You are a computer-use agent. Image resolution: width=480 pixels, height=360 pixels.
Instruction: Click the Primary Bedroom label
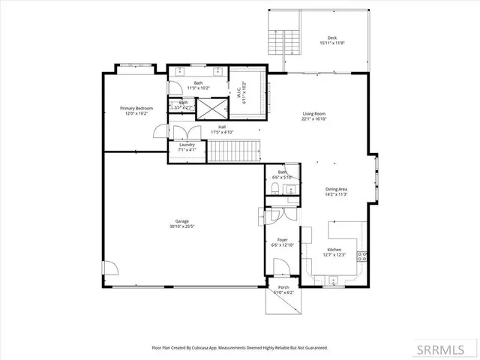tap(136, 108)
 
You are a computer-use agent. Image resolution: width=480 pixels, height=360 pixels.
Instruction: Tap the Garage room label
tap(182, 221)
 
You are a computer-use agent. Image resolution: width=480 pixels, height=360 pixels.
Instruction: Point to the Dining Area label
tap(336, 189)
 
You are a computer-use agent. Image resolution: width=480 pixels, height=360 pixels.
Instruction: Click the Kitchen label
tap(334, 250)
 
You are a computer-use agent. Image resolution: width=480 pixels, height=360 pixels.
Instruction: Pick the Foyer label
tap(283, 240)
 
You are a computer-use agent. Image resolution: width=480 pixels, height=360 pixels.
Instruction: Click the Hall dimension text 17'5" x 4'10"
tap(222, 132)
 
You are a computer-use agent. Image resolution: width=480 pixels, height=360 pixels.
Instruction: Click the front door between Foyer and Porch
tap(280, 267)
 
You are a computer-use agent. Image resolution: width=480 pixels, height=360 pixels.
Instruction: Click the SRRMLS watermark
tap(452, 350)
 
